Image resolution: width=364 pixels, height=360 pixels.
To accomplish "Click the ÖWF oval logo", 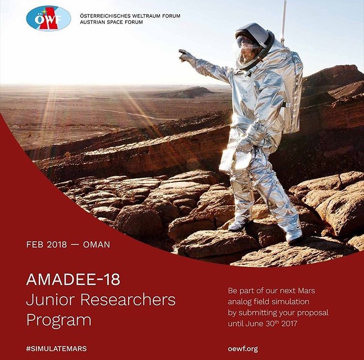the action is click(x=49, y=18).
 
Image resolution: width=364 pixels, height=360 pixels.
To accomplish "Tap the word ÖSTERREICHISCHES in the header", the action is click(x=105, y=16).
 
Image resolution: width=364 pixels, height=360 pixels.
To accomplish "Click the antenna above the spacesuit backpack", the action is click(x=283, y=22).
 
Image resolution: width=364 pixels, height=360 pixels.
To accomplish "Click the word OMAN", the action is click(x=97, y=245).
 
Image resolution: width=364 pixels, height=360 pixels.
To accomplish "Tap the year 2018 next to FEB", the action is click(x=56, y=245).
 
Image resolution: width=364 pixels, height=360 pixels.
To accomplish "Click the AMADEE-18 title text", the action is click(x=73, y=279).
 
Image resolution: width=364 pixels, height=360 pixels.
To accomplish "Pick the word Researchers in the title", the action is click(x=128, y=300).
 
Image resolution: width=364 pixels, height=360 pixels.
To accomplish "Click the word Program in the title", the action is click(x=59, y=321).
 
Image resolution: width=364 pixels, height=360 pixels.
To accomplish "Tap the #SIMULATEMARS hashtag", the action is click(x=56, y=349).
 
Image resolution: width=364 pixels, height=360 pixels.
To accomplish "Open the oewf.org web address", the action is click(x=243, y=349).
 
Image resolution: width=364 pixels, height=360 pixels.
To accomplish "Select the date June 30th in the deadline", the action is click(x=262, y=324).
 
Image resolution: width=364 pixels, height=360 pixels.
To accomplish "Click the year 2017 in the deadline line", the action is click(x=289, y=324).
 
